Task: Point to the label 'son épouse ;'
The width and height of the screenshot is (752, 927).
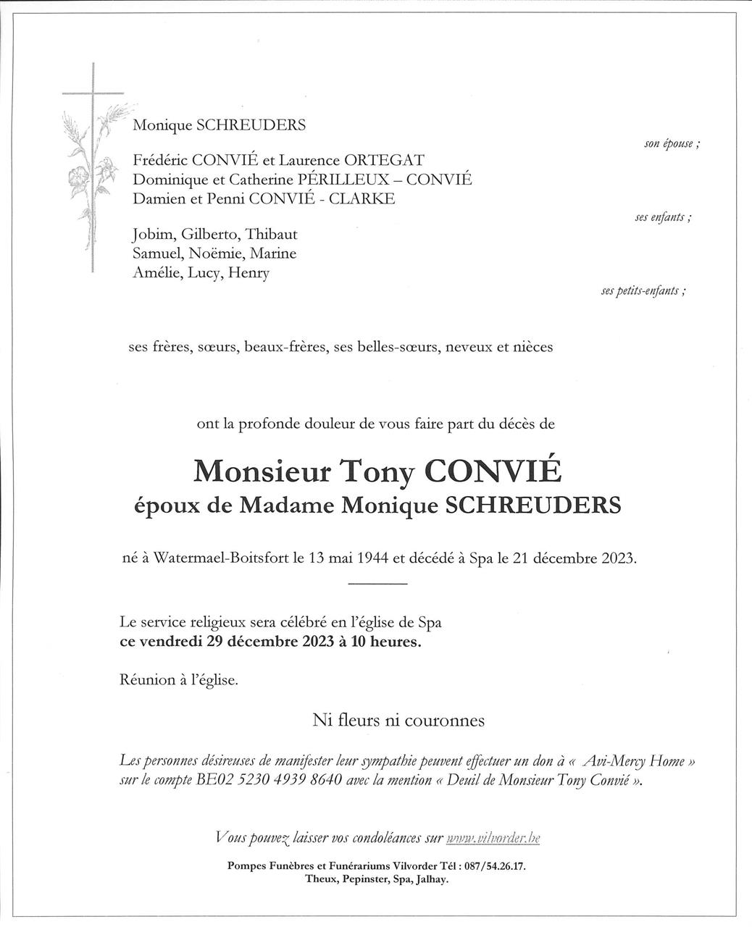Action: pos(672,143)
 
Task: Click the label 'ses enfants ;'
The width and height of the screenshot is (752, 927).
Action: pos(662,217)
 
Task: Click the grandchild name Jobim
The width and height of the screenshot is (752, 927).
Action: pos(153,235)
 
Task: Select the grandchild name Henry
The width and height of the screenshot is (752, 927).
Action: pos(248,273)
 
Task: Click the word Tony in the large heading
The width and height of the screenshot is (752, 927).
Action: pos(377,471)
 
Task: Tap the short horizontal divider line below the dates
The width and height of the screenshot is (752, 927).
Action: pos(377,584)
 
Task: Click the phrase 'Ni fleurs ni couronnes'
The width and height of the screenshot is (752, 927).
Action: pos(398,721)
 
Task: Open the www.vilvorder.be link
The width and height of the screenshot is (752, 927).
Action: pos(493,838)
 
